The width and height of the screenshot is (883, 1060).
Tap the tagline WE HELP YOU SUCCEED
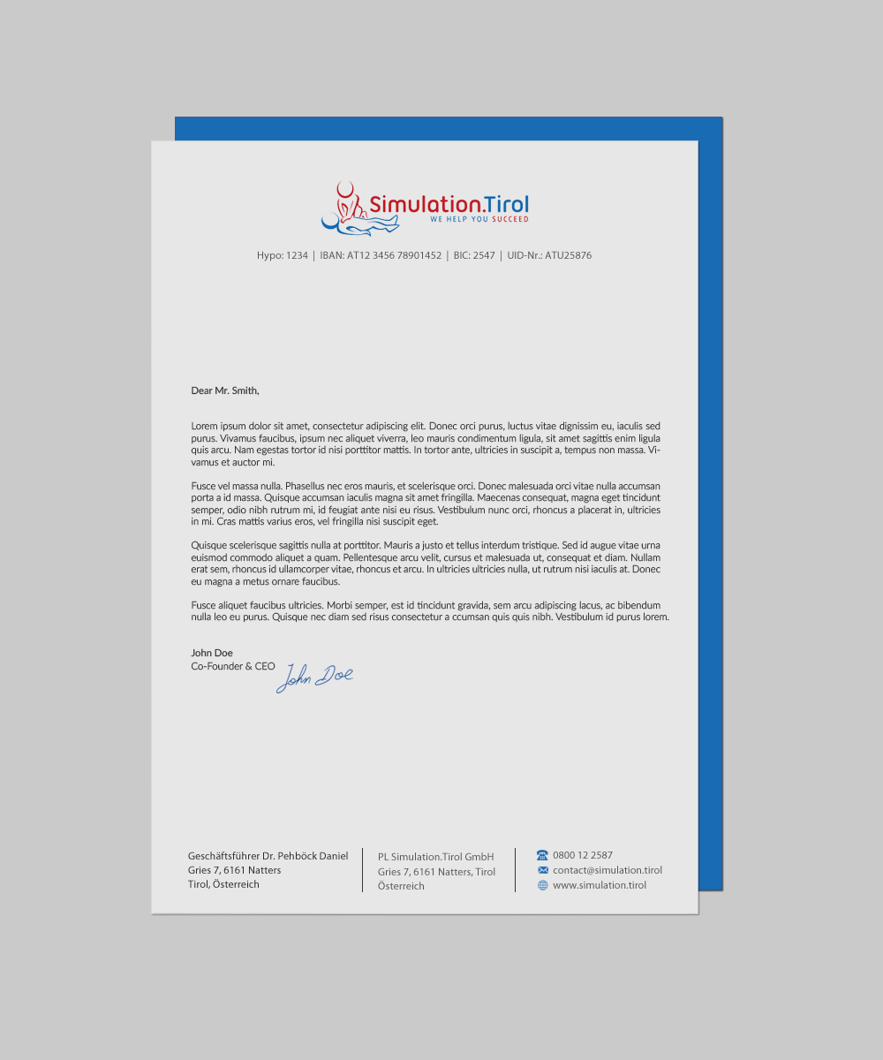479,219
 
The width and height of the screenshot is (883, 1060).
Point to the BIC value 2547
484,256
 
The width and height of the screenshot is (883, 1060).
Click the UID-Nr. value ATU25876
568,256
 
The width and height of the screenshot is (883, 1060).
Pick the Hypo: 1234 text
283,256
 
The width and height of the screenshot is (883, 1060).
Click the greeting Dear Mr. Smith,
225,390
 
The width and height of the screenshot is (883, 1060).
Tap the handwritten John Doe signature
314,678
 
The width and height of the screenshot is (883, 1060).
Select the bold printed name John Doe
212,653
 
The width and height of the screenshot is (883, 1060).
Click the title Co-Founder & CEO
233,666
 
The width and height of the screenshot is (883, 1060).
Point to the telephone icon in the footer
542,855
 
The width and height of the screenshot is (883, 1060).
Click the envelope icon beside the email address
542,870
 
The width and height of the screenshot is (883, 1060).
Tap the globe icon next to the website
542,885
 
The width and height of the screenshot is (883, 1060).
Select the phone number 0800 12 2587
583,855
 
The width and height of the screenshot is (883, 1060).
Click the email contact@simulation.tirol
608,870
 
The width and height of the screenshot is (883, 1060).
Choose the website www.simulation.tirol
600,885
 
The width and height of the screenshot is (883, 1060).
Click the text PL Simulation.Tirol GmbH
435,857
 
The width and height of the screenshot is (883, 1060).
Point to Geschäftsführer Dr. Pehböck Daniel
268,856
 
